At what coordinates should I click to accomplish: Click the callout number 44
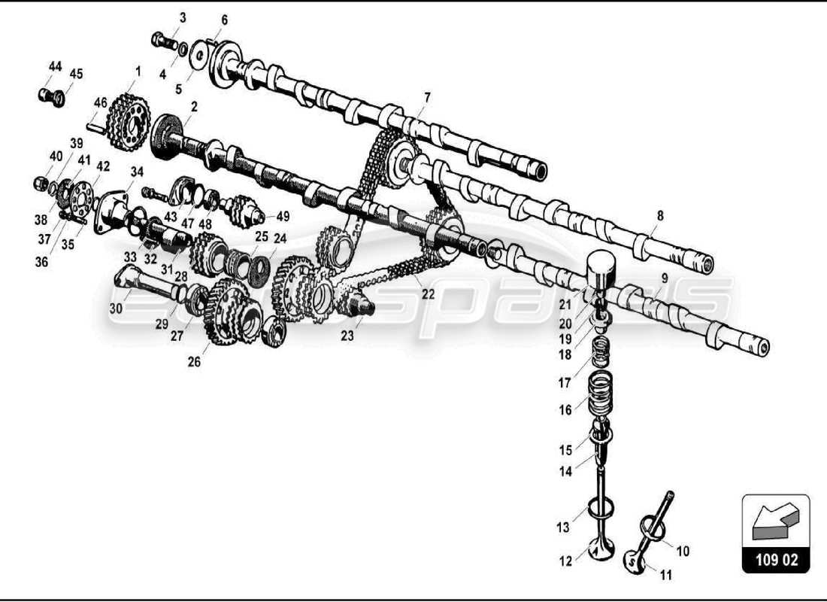pos(55,67)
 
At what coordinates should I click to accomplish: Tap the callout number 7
pos(427,98)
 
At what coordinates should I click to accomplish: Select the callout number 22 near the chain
pos(428,295)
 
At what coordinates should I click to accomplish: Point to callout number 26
pos(194,361)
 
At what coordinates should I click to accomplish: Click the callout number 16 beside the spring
pos(565,410)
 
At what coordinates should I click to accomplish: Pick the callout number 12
pos(565,560)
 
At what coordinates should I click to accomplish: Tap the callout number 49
pos(283,217)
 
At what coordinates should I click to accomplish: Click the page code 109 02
pos(776,561)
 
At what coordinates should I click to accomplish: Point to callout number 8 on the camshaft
pos(659,216)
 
